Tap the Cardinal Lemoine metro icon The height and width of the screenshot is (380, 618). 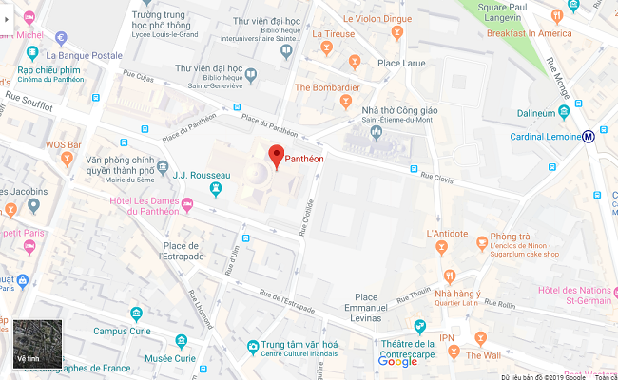coord(589,136)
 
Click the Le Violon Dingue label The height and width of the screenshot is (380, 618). coord(377,18)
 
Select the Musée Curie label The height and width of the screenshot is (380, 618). coord(171,358)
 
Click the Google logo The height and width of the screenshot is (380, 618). coord(397,361)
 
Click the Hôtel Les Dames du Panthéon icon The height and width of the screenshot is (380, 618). coord(187,205)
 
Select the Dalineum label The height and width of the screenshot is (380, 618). coord(535,114)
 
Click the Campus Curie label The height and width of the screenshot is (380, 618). coord(125,331)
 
